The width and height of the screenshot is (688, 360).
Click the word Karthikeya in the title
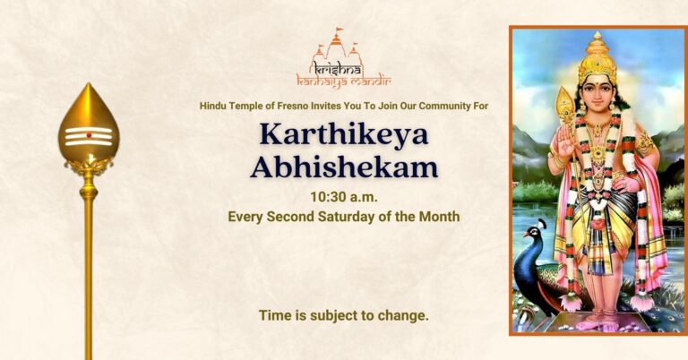(344, 134)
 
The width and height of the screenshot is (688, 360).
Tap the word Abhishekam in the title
(344, 167)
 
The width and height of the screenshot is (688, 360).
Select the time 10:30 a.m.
(344, 197)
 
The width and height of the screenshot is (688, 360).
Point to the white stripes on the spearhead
(89, 136)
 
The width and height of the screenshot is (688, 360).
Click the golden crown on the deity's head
(597, 58)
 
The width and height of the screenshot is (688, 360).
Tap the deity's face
(597, 94)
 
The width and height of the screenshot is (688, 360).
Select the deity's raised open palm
(565, 141)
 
